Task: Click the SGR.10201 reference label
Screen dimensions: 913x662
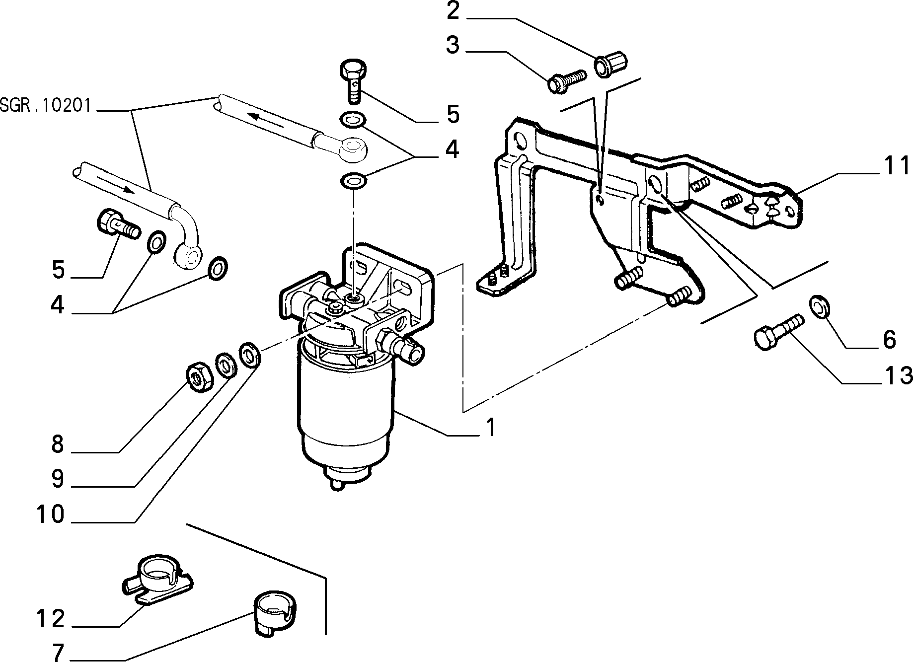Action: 45,106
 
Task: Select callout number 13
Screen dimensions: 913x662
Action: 897,375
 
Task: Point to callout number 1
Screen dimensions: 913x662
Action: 491,427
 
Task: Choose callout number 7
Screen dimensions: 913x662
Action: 58,652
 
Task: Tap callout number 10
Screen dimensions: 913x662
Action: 50,515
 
